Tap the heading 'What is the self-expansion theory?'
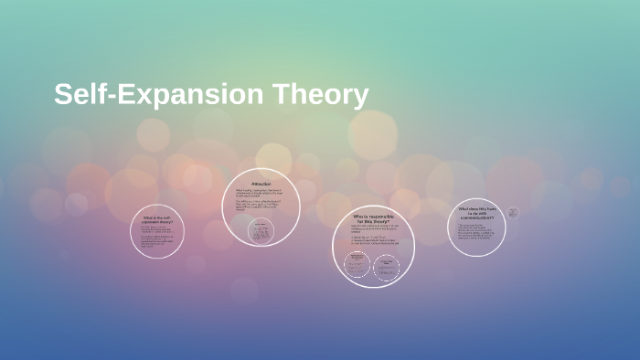point(156,220)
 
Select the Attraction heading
point(262,184)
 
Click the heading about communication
point(477,213)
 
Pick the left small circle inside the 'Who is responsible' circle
point(357,264)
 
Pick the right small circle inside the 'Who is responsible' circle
point(387,264)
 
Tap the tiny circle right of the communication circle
point(514,213)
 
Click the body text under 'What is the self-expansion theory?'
point(157,238)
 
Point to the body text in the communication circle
point(476,232)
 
